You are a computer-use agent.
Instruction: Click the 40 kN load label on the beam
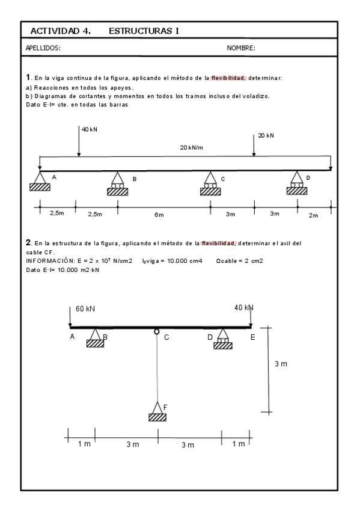(x=90, y=130)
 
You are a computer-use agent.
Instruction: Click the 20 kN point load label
(x=266, y=136)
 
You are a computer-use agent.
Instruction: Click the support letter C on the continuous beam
(x=223, y=179)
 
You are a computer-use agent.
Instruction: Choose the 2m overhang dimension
(x=313, y=216)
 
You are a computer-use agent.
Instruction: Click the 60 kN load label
(x=85, y=309)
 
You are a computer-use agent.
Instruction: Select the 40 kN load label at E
(x=243, y=307)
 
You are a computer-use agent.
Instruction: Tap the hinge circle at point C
(x=157, y=331)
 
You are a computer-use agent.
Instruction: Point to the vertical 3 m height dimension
(x=280, y=364)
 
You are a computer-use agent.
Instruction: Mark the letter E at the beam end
(x=252, y=337)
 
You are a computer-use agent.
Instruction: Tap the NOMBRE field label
(x=241, y=48)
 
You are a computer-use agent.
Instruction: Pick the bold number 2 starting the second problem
(x=28, y=242)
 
